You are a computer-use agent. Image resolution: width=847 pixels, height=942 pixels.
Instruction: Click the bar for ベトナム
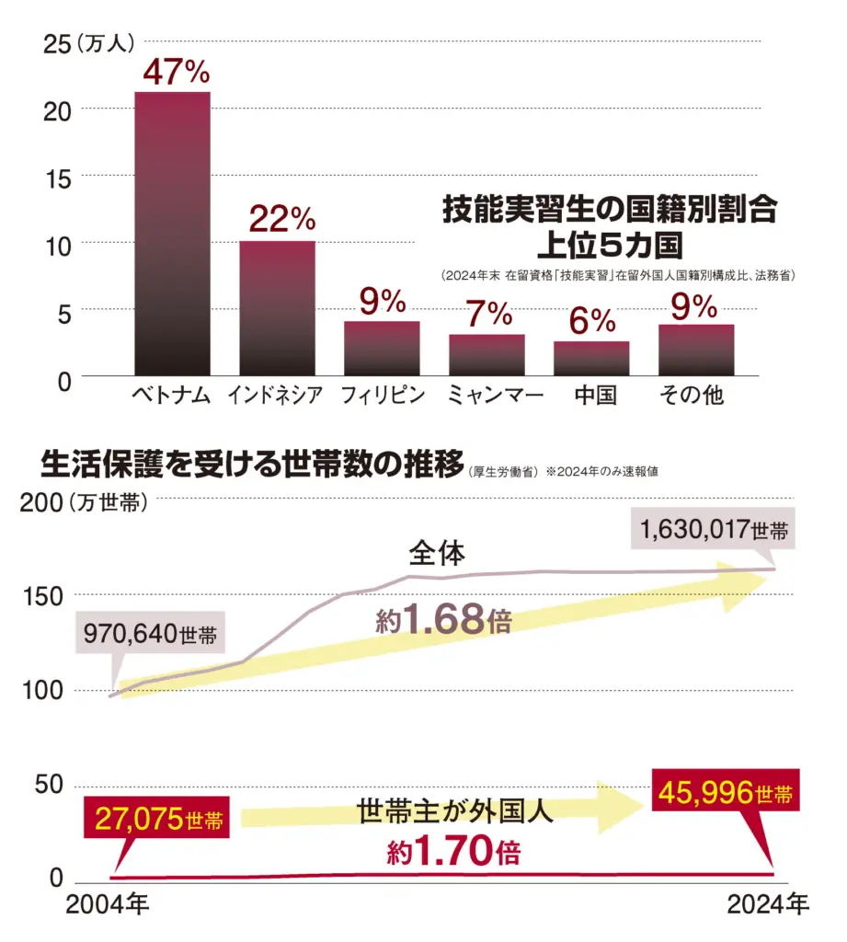point(172,234)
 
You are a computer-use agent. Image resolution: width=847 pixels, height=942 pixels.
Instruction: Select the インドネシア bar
point(277,308)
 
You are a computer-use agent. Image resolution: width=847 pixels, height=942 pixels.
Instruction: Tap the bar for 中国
point(591,358)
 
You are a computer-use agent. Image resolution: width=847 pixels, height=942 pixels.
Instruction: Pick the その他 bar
point(696,350)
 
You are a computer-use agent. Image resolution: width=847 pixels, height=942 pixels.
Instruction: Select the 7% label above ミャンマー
point(486,314)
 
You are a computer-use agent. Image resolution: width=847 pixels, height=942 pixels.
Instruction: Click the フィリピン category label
point(383,396)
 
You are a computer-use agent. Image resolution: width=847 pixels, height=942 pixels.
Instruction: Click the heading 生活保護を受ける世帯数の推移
point(252,466)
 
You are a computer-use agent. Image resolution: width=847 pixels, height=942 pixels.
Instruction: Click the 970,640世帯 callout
point(150,635)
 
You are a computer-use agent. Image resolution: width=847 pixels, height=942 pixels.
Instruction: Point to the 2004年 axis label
point(106,906)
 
